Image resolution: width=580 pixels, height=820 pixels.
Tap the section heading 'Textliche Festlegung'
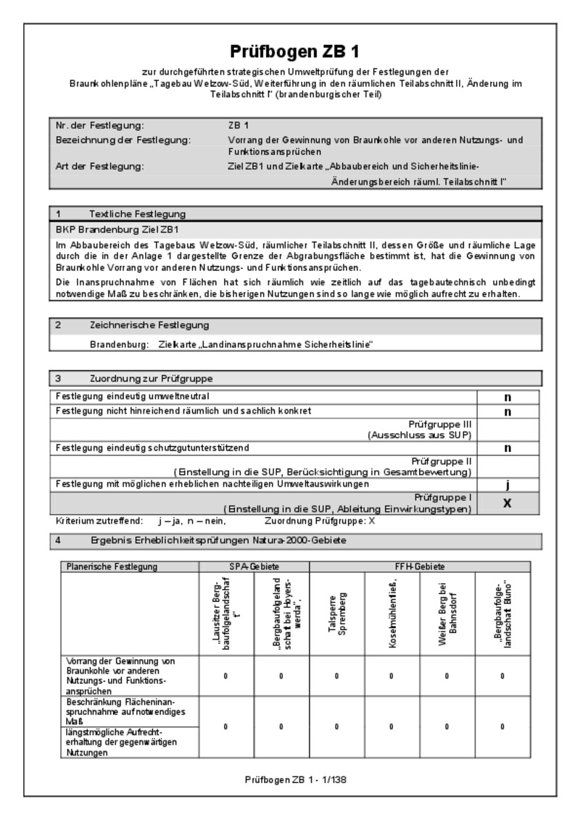(x=137, y=214)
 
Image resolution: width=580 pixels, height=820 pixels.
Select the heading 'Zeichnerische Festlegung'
(x=149, y=325)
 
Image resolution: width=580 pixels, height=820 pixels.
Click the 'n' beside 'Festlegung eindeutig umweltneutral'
(x=508, y=397)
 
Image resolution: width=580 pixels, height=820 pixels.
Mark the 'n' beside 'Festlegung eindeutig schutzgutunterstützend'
(x=508, y=448)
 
